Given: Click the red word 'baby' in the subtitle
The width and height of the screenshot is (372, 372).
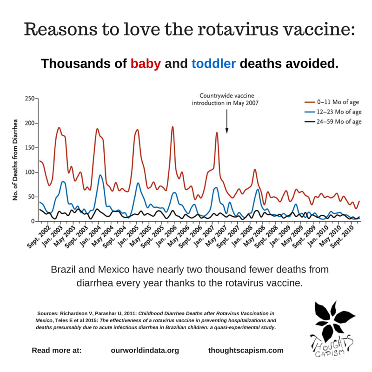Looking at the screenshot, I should click(145, 63).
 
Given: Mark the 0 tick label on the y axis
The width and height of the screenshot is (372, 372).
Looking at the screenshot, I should click(33, 222).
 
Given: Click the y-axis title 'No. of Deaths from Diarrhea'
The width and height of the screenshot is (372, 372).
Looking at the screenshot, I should click(15, 160).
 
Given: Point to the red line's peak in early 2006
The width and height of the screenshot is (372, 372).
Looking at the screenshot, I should click(173, 127).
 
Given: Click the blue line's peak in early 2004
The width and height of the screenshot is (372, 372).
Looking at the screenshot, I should click(100, 175).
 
